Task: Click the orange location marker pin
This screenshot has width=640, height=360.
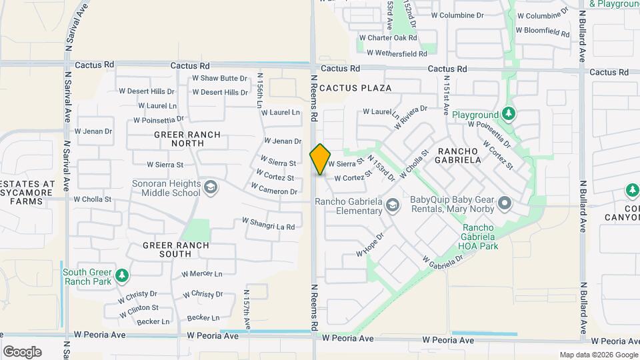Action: click(320, 159)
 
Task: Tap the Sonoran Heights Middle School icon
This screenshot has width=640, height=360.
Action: click(211, 186)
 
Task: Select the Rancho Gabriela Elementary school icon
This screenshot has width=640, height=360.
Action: click(393, 206)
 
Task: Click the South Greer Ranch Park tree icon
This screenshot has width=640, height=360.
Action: click(121, 274)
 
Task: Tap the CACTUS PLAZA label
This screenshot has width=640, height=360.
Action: click(355, 88)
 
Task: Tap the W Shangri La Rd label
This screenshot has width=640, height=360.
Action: click(268, 224)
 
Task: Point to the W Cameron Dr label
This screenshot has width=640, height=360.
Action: click(275, 191)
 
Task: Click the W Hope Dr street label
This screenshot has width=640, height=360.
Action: click(371, 245)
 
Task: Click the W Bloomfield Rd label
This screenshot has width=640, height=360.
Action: click(545, 31)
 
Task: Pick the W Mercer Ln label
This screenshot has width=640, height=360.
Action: click(202, 273)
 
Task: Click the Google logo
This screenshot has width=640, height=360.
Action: click(22, 352)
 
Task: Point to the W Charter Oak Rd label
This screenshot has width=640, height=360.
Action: click(387, 38)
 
